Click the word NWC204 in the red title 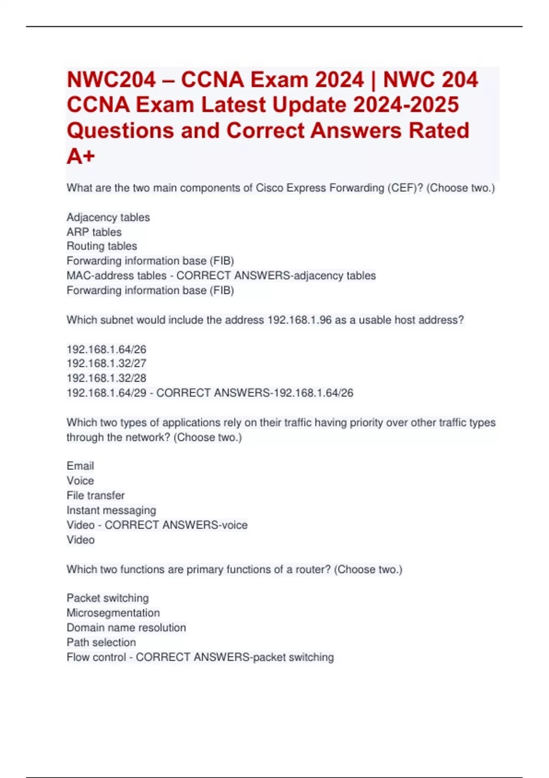pyautogui.click(x=111, y=80)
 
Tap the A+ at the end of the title pyautogui.click(x=81, y=156)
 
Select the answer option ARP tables pyautogui.click(x=94, y=232)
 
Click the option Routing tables pyautogui.click(x=102, y=246)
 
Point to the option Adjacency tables pyautogui.click(x=108, y=217)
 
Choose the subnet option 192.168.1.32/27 pyautogui.click(x=106, y=363)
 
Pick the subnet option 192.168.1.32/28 pyautogui.click(x=106, y=378)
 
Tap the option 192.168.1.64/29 pyautogui.click(x=106, y=393)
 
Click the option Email pyautogui.click(x=80, y=466)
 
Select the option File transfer pyautogui.click(x=96, y=496)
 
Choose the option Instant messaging pyautogui.click(x=111, y=510)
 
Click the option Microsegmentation pyautogui.click(x=113, y=613)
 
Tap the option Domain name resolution pyautogui.click(x=126, y=627)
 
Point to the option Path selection pyautogui.click(x=101, y=643)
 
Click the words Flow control pyautogui.click(x=96, y=657)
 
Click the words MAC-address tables pyautogui.click(x=116, y=276)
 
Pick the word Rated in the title pyautogui.click(x=439, y=130)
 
